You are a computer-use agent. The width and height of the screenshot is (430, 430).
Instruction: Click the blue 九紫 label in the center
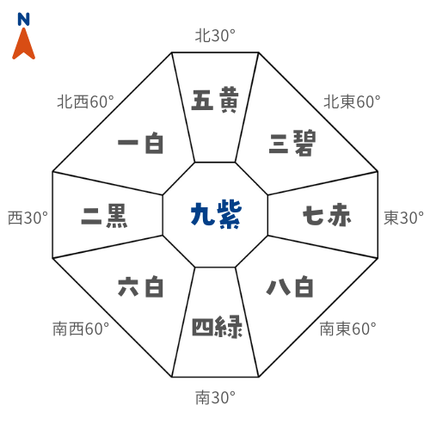coord(216,215)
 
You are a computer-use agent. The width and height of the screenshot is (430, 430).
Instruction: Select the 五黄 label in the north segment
coord(215,100)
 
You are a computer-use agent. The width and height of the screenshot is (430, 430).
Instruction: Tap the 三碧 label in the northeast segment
coord(292,143)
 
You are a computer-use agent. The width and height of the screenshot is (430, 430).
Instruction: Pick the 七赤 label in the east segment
coord(327,215)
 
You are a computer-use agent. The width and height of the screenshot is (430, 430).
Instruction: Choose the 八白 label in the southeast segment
coord(290,286)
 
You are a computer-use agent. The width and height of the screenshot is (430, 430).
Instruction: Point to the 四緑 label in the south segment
coord(217,327)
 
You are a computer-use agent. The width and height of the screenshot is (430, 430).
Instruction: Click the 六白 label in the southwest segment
coord(140,286)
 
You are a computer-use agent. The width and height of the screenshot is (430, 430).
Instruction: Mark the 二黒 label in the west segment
coord(104,216)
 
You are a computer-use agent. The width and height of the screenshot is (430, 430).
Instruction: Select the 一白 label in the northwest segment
coord(140,143)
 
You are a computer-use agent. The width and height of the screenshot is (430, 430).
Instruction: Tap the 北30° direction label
coord(215,36)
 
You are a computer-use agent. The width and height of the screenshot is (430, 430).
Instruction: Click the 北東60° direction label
coord(352,101)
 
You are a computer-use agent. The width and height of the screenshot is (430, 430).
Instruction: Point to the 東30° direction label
coord(403,218)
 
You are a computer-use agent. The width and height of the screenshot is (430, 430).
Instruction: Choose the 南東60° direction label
coord(348,329)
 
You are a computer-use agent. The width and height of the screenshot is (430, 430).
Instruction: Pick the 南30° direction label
coord(215,397)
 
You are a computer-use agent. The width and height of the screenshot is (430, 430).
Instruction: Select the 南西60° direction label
coord(81,329)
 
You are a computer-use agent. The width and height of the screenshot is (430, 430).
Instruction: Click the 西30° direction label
coord(28,218)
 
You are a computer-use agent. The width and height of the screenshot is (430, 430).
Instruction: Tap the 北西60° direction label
coord(85,101)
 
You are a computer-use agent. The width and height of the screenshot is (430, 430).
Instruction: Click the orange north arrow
coord(23,46)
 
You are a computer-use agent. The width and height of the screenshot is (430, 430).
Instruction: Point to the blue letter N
coord(23,19)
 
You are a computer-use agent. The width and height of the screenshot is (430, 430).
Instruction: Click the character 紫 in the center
coord(230,215)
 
